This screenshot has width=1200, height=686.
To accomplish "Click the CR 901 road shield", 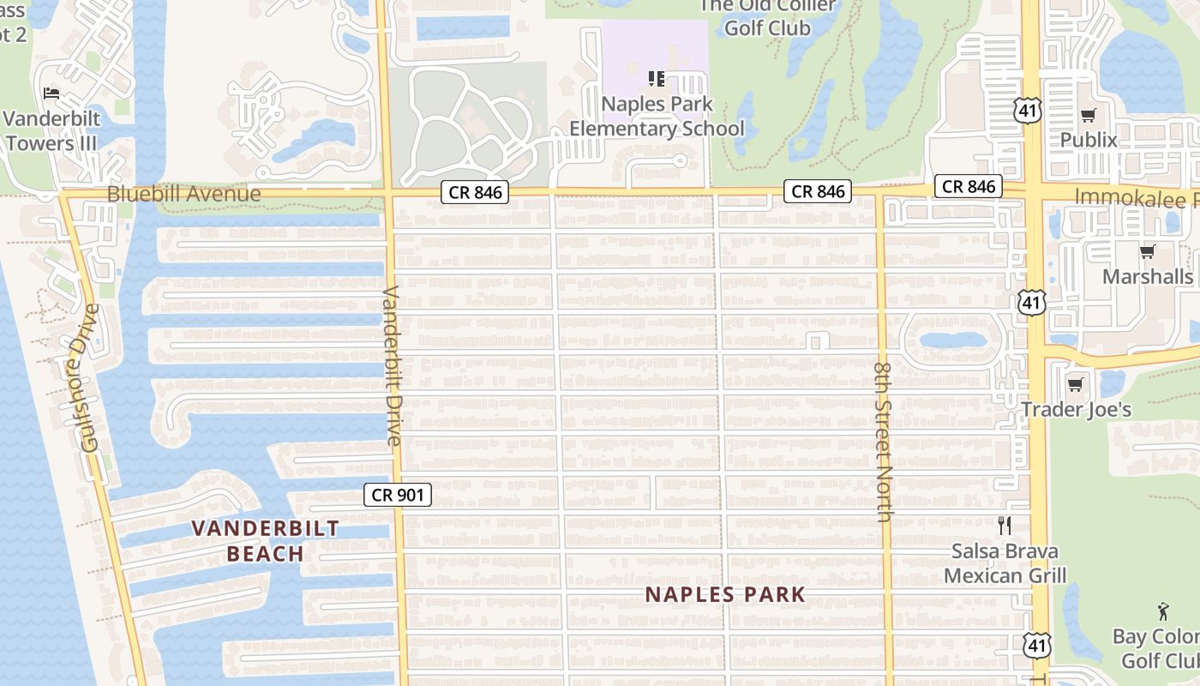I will pyautogui.click(x=397, y=495).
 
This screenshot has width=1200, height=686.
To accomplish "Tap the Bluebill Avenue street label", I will pyautogui.click(x=183, y=194).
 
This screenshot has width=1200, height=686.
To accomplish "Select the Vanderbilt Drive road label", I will pyautogui.click(x=392, y=365).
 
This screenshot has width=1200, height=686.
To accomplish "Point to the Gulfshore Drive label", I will pyautogui.click(x=88, y=377).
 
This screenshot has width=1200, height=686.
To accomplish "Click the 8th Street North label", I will pyautogui.click(x=885, y=442).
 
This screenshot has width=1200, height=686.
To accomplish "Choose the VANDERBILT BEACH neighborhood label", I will pyautogui.click(x=265, y=540).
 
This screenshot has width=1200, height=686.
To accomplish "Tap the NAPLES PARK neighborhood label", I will pyautogui.click(x=725, y=594).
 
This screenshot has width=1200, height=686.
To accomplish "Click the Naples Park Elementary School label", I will pyautogui.click(x=657, y=117).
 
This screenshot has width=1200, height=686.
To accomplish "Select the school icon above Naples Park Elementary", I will pyautogui.click(x=657, y=79).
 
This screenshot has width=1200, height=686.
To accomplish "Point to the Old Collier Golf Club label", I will pyautogui.click(x=767, y=17).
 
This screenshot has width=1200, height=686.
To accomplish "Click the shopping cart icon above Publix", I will pyautogui.click(x=1089, y=115).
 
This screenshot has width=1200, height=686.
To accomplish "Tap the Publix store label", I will pyautogui.click(x=1089, y=140).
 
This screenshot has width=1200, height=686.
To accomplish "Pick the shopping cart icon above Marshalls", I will pyautogui.click(x=1147, y=251).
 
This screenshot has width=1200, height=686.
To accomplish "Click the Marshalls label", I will pyautogui.click(x=1147, y=277).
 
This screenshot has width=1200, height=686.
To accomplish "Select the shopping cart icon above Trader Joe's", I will pyautogui.click(x=1076, y=384).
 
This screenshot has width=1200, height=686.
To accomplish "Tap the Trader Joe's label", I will pyautogui.click(x=1076, y=410).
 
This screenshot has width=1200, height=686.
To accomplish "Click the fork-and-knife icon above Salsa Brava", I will pyautogui.click(x=1005, y=526).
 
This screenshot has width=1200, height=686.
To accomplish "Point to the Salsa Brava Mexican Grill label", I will pyautogui.click(x=1005, y=563).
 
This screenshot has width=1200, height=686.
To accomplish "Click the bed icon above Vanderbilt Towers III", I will pyautogui.click(x=51, y=93).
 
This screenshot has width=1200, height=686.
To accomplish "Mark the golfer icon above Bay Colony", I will pyautogui.click(x=1162, y=611).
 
